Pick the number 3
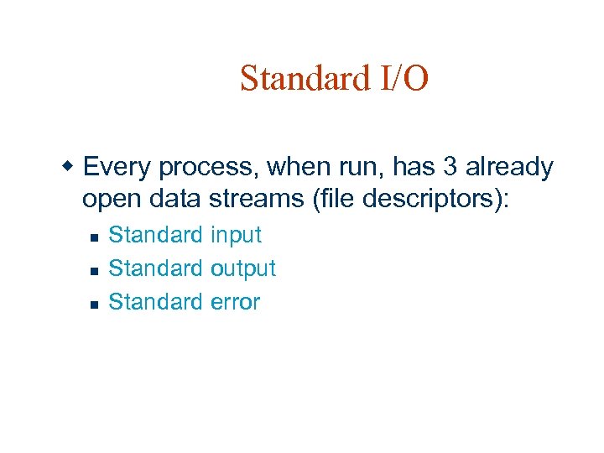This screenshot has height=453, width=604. coord(450,168)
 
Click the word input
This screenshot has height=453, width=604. coord(237,236)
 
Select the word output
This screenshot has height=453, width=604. coord(243,269)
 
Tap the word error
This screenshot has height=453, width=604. coord(235,302)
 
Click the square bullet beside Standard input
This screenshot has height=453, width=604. coord(94,237)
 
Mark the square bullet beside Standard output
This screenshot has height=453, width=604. coord(94,271)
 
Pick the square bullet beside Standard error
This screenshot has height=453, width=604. coord(94,305)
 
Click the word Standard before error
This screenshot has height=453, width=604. coord(156,302)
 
